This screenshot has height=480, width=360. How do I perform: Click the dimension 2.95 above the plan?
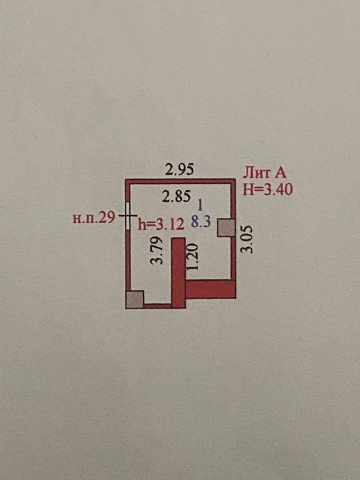click(x=180, y=169)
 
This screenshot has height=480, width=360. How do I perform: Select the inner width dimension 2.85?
click(x=176, y=196)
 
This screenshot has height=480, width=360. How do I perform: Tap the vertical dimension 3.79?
click(x=157, y=250)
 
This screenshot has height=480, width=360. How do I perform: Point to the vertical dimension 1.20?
click(x=192, y=256)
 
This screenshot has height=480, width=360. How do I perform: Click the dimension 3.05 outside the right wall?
click(x=247, y=239)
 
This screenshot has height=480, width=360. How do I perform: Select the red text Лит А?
click(x=265, y=173)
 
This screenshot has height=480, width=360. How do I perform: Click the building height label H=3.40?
click(x=268, y=190)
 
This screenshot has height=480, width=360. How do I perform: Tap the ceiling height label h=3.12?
click(x=161, y=224)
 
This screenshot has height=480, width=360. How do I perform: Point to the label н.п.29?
click(x=94, y=218)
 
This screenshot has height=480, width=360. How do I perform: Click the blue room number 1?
click(x=200, y=205)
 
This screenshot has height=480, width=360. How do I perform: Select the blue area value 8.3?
click(x=201, y=221)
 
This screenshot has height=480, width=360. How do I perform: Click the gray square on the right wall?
click(x=226, y=228)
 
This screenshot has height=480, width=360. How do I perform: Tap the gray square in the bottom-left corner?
click(x=134, y=300)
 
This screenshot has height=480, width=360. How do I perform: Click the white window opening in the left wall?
click(x=128, y=215)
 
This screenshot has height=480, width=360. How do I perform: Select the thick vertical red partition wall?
click(x=178, y=272)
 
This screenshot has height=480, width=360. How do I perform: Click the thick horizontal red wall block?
click(x=211, y=289)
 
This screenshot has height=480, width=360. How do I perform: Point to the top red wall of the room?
click(x=180, y=181)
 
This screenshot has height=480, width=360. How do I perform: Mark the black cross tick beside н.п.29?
click(x=128, y=215)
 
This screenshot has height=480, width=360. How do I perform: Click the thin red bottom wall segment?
click(x=157, y=306)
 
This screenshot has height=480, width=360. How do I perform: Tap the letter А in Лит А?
click(x=280, y=173)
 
